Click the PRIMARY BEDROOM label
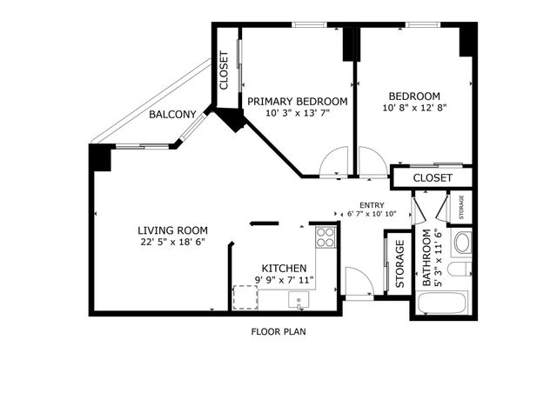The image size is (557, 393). tap(296, 101)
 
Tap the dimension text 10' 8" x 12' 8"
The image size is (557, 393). tap(414, 109)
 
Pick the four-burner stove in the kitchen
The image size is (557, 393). tap(325, 237)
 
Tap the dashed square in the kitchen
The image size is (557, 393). tap(245, 297)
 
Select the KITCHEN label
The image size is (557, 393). tap(284, 268)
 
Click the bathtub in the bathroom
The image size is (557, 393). tap(443, 304)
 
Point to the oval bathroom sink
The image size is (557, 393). tap(462, 243)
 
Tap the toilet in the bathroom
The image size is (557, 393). tap(463, 271)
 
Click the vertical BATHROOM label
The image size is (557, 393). tap(426, 258)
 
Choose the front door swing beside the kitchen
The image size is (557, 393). tap(358, 283)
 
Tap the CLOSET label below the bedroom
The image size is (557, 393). tap(433, 177)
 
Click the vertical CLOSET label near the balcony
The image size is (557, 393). tap(224, 71)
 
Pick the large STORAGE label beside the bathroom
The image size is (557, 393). tap(400, 264)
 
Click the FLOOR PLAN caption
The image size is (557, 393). tap(278, 331)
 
